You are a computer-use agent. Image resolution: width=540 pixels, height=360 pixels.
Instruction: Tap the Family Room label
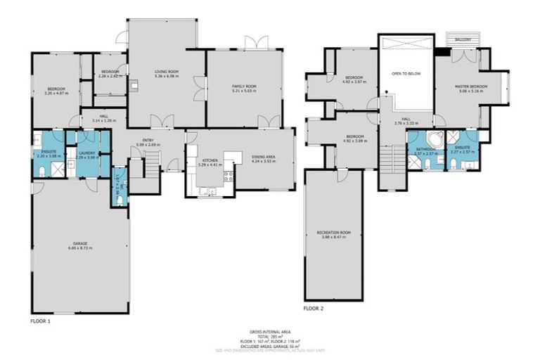click(x=245, y=86)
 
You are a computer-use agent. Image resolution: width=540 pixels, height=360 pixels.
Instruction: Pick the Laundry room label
click(x=86, y=153)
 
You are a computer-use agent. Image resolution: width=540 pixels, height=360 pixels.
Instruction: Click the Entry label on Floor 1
click(x=148, y=141)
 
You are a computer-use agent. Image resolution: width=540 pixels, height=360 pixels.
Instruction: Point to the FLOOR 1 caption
click(x=40, y=320)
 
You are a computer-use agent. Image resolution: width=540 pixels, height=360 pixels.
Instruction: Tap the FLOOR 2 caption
click(x=313, y=308)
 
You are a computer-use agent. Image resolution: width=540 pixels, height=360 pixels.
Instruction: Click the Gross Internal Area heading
click(x=270, y=331)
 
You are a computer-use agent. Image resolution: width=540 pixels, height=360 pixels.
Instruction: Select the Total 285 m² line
click(x=270, y=336)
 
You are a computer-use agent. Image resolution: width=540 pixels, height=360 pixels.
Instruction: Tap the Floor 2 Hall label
click(x=406, y=120)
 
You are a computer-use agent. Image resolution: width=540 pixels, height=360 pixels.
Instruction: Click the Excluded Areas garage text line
click(x=270, y=345)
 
